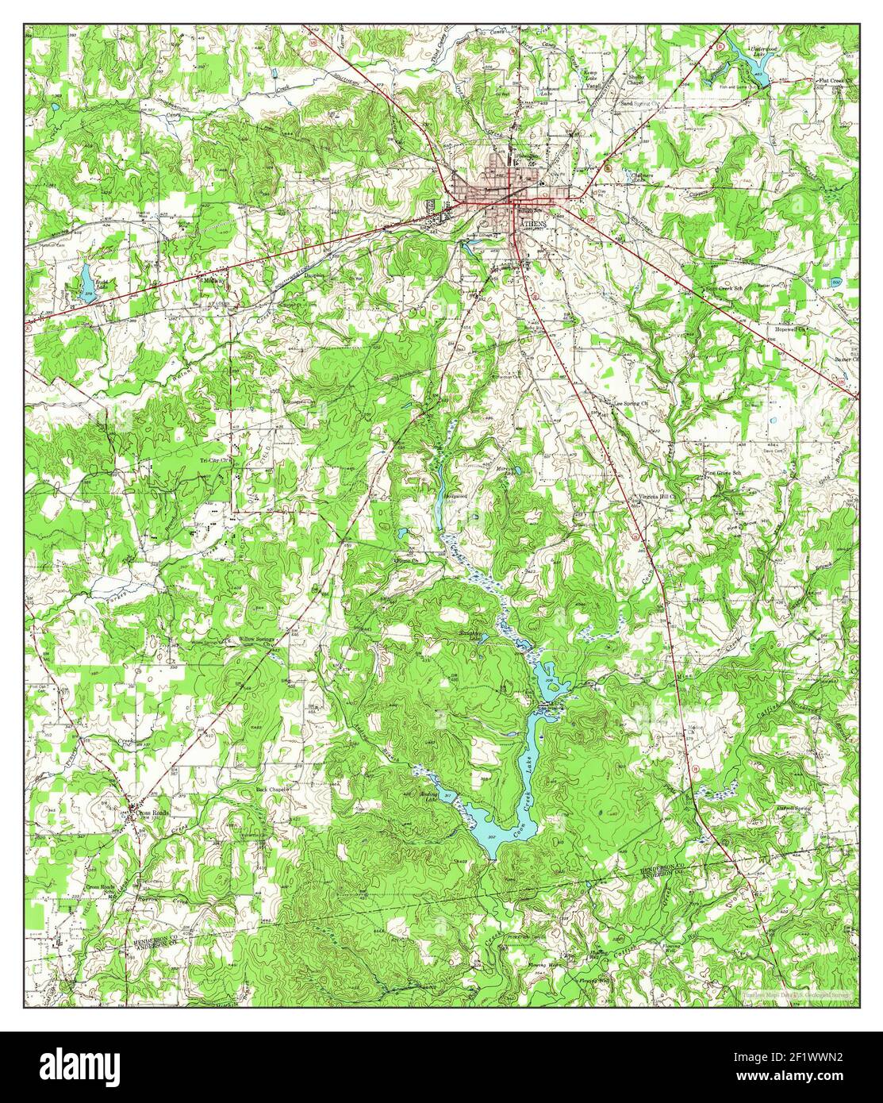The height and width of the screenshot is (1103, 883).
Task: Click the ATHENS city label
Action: point(532,225)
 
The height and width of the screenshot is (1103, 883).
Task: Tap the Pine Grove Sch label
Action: point(721,473)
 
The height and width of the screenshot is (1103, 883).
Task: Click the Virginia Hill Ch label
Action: point(655,498)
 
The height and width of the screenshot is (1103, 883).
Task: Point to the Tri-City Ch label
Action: point(214,459)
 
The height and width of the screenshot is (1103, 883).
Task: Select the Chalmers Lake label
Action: point(641,176)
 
